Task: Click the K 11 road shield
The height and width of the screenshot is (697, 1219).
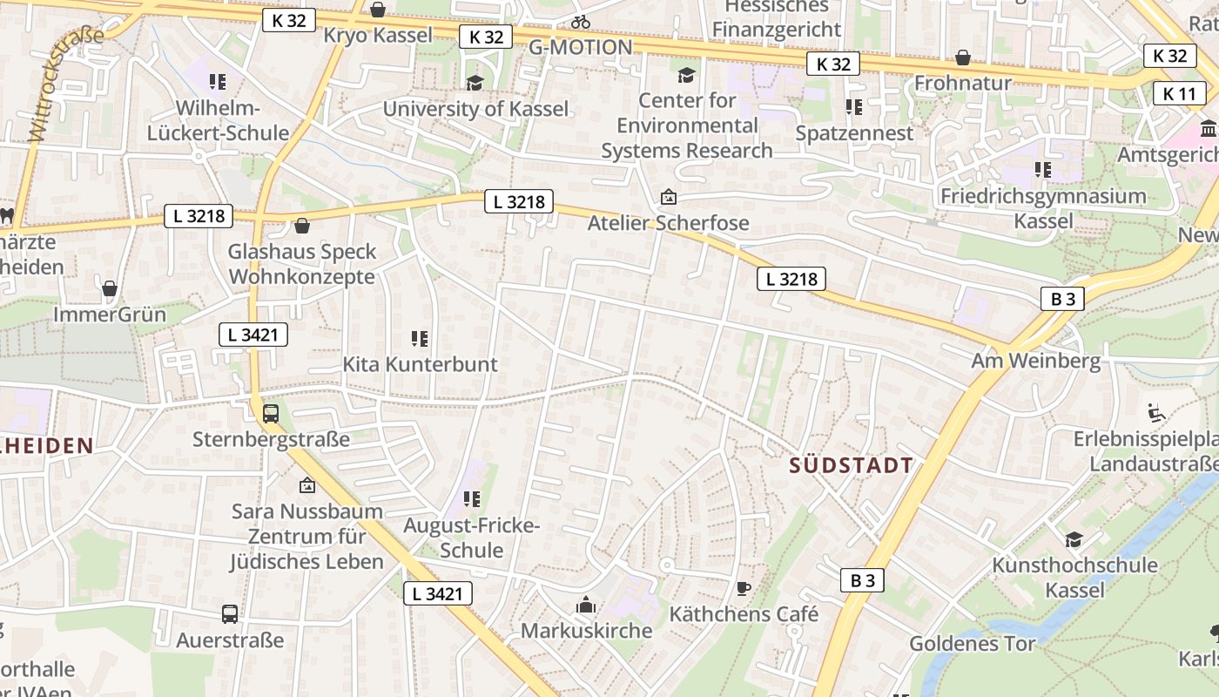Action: [x=1180, y=93]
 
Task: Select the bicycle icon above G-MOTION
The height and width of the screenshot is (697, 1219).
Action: [x=581, y=22]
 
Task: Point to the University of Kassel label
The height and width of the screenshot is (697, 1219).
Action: [x=475, y=109]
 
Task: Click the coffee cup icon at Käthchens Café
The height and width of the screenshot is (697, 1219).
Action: [x=743, y=589]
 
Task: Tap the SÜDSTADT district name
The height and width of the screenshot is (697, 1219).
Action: [x=852, y=465]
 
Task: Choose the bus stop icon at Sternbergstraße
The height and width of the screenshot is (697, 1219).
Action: [x=271, y=414]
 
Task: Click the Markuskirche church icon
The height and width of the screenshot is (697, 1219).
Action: [x=586, y=605]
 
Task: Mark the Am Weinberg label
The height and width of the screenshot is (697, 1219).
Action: [x=1035, y=361]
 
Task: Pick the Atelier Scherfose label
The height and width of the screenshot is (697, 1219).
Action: [x=668, y=223]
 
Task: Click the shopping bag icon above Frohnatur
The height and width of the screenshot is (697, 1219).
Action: [x=963, y=58]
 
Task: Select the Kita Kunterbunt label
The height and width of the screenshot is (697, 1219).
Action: [x=420, y=364]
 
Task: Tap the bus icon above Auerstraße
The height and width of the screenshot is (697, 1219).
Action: [x=230, y=614]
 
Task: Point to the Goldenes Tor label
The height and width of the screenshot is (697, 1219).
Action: [x=972, y=644]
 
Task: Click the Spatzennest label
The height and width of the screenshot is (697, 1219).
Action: [x=854, y=133]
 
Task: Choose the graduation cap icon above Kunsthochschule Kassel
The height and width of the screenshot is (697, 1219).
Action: [x=1074, y=539]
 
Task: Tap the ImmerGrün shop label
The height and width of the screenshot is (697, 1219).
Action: [x=110, y=314]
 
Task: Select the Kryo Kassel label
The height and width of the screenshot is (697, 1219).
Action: [x=378, y=36]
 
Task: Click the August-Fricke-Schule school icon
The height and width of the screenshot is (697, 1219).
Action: [x=472, y=499]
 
